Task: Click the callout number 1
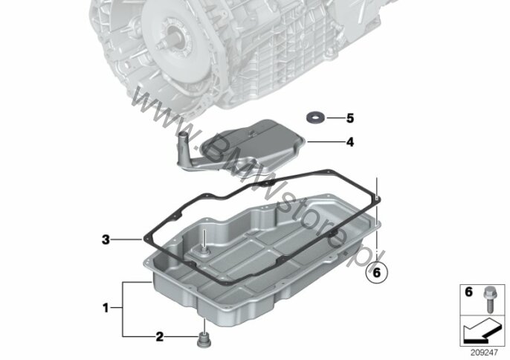[106, 308]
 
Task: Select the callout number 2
[159, 336]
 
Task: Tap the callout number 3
[106, 240]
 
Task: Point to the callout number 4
[350, 142]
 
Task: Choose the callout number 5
[350, 118]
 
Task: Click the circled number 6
[377, 272]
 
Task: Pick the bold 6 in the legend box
[468, 292]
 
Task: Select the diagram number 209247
[485, 352]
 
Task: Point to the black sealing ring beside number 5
[315, 117]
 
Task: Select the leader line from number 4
[326, 142]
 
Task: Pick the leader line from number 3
[127, 240]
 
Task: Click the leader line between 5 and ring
[336, 118]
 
